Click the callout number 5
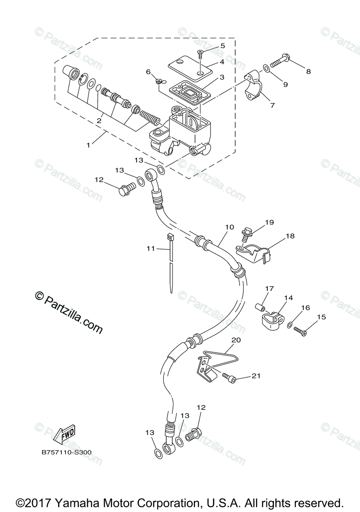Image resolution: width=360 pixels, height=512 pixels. click(222, 46)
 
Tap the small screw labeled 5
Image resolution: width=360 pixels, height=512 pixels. click(200, 53)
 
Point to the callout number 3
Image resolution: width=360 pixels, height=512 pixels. click(222, 77)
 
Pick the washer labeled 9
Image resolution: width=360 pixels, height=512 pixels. click(266, 67)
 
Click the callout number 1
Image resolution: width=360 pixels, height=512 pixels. click(88, 145)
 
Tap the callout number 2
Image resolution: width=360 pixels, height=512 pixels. click(99, 121)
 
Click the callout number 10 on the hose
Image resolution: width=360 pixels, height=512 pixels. click(229, 227)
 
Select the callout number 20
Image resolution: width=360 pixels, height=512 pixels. click(236, 340)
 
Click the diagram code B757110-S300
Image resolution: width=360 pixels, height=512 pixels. click(66, 452)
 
